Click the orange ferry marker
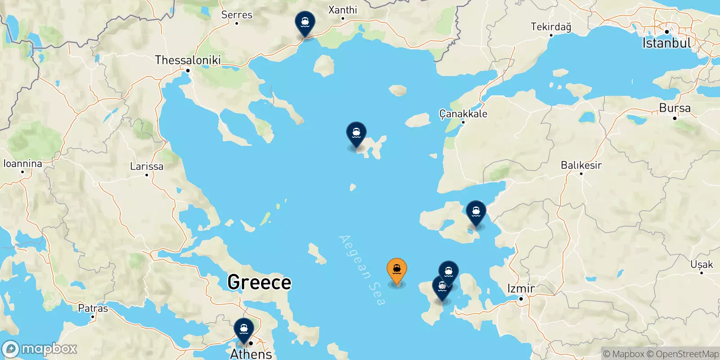click(x=396, y=270)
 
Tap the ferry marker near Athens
click(x=243, y=330)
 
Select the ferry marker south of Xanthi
click(x=305, y=23)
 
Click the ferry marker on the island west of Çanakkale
click(x=356, y=134)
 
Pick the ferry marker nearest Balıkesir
click(x=476, y=212)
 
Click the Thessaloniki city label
click(x=188, y=60)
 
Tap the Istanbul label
click(x=666, y=43)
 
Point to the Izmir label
click(x=521, y=288)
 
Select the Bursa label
click(x=675, y=108)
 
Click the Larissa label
click(x=147, y=166)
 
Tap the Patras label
click(x=93, y=309)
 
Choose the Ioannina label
click(x=22, y=164)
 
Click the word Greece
click(x=259, y=282)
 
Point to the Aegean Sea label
click(x=363, y=270)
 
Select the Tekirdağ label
click(x=551, y=27)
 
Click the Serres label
click(x=237, y=15)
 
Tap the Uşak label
click(x=702, y=265)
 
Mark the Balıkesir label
click(x=581, y=165)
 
